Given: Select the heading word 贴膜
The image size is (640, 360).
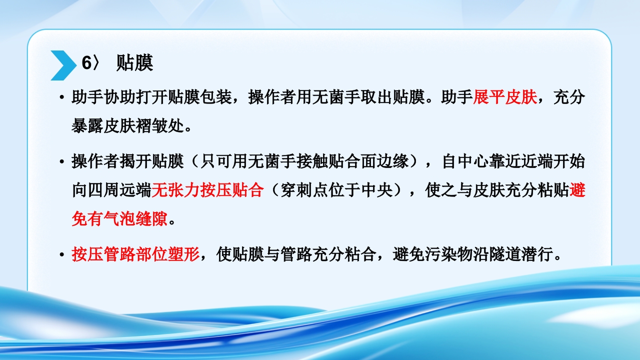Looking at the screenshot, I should pyautogui.click(x=134, y=63).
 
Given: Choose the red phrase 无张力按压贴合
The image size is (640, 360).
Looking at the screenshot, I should pyautogui.click(x=207, y=190).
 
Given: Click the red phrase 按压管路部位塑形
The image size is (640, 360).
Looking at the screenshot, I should pyautogui.click(x=136, y=255).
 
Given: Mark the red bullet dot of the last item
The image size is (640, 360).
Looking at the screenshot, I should pyautogui.click(x=61, y=255).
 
